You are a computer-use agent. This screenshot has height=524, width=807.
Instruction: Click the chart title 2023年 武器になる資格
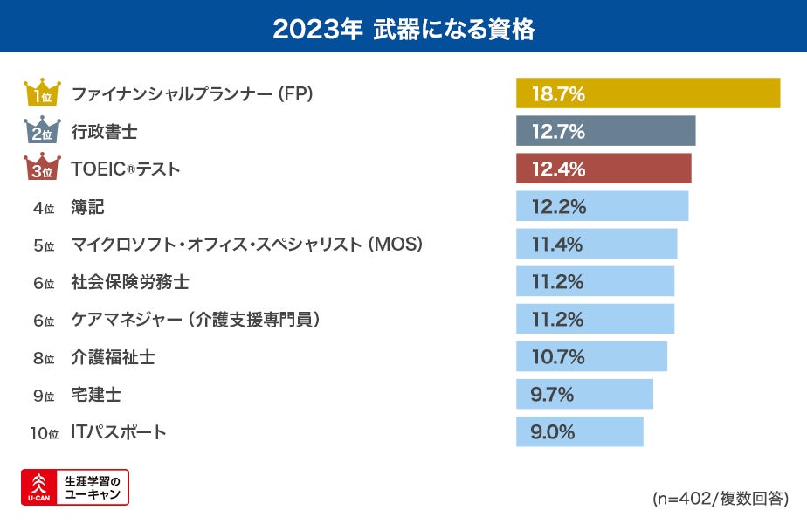[403, 28]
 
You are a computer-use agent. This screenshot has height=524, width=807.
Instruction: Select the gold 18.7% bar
[647, 93]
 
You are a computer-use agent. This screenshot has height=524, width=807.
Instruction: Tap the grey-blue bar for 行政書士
[605, 131]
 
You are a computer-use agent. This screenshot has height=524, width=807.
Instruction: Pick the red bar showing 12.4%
[604, 169]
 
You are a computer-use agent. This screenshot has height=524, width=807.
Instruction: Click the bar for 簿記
[602, 206]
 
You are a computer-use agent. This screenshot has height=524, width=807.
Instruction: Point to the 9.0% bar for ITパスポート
[579, 431]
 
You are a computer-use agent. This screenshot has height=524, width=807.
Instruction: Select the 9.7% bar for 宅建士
[584, 394]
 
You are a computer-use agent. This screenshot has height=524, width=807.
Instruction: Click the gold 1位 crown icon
[42, 93]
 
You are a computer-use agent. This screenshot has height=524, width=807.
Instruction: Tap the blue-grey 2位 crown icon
[42, 131]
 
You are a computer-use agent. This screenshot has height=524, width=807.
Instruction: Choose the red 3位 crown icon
[42, 169]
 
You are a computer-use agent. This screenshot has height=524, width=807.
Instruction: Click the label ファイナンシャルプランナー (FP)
[191, 93]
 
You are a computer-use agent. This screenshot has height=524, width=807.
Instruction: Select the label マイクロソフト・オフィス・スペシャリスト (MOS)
[246, 245]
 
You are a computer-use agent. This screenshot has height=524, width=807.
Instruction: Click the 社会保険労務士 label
[130, 282]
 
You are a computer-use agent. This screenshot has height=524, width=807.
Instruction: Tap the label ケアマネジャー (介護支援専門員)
[196, 320]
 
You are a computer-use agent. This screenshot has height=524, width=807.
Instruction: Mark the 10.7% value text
[556, 357]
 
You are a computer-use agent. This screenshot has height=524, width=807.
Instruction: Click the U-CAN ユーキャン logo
[75, 487]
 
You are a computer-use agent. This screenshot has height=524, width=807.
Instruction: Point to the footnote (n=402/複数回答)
[720, 499]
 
